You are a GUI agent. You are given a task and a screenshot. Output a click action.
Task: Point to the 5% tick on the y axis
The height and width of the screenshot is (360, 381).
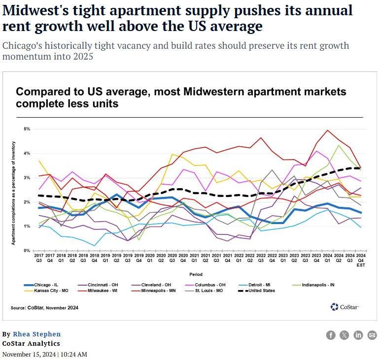28,129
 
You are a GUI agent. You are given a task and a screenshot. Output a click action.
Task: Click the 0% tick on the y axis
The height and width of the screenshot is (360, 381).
28,251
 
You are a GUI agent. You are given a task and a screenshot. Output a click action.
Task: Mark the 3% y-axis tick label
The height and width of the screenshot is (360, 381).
28,178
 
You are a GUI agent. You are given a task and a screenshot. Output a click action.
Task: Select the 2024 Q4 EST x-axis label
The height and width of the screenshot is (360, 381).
360,259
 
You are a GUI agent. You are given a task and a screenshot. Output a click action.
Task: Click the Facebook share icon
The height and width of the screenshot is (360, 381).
331,335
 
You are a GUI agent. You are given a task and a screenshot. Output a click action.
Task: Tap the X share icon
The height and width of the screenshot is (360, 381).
345,335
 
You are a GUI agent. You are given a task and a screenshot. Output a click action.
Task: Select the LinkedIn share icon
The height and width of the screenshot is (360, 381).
358,335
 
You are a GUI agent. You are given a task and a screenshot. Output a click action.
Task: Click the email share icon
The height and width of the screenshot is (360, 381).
372,335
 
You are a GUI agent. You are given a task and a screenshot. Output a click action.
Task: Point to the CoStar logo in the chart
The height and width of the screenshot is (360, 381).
345,307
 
